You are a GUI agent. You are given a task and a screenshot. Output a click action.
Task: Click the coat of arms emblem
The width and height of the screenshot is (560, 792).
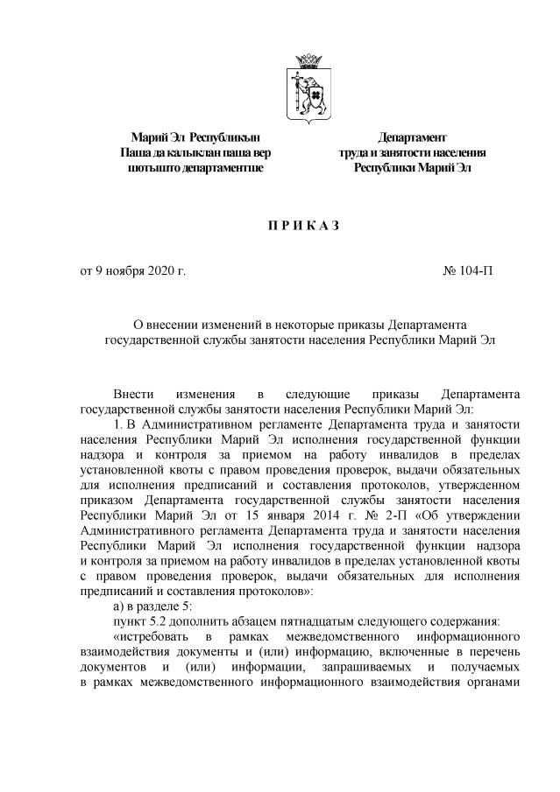[x=308, y=86]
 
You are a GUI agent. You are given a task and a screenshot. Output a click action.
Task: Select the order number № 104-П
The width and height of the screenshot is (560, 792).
[x=468, y=271]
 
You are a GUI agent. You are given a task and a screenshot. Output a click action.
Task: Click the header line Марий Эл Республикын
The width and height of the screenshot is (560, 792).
[x=195, y=137]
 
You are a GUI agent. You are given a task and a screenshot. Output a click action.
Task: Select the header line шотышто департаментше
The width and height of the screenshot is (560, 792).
[x=195, y=166]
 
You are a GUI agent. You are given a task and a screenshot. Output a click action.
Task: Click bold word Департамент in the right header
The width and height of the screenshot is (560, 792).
[x=412, y=137]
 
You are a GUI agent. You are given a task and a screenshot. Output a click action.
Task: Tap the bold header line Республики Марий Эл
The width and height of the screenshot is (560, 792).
[x=412, y=166]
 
